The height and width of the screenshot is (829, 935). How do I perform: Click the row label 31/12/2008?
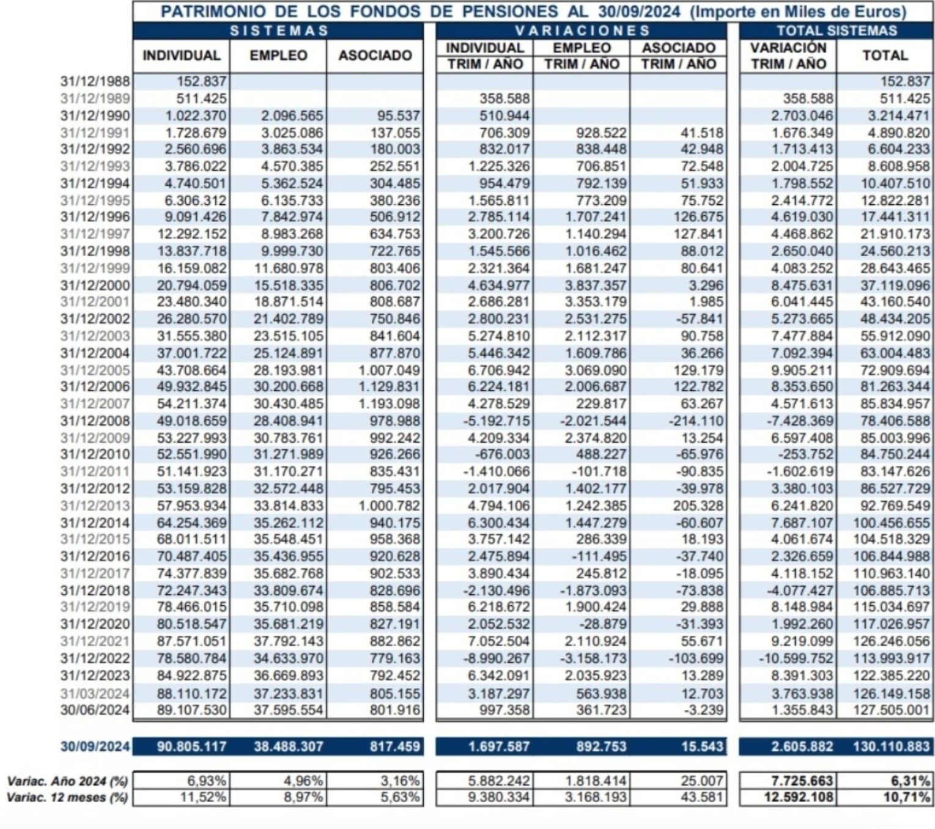click(x=95, y=421)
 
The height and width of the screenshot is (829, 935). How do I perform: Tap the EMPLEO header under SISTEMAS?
click(x=278, y=56)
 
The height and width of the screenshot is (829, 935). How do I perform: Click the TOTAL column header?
click(x=884, y=56)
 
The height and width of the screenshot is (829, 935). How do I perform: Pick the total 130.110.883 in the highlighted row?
click(x=891, y=746)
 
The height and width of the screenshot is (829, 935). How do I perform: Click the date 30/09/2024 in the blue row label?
click(x=95, y=746)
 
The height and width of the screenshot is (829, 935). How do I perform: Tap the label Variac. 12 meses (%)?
click(x=67, y=798)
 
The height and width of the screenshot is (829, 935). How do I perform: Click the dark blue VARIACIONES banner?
click(x=582, y=31)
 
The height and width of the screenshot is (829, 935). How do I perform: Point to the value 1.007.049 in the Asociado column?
click(x=389, y=370)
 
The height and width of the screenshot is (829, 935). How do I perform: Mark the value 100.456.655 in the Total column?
click(x=891, y=523)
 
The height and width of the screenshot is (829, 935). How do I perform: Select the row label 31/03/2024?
click(x=95, y=694)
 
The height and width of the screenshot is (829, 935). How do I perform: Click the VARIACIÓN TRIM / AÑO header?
click(x=788, y=56)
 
